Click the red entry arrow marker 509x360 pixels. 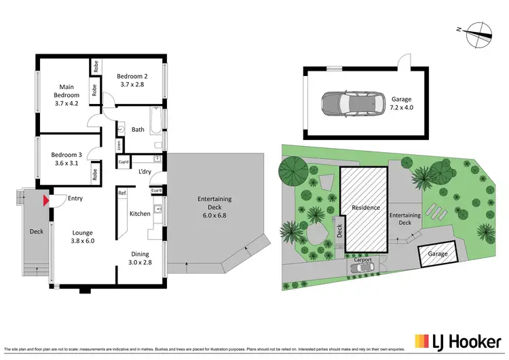46,200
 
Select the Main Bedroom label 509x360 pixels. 66,95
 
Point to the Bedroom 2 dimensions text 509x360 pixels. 132,85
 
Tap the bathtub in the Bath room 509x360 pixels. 155,122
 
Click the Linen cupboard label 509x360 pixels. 119,144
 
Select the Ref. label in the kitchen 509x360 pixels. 122,194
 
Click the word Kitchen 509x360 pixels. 140,214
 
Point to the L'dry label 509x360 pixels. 144,172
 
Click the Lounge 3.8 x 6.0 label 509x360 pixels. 82,236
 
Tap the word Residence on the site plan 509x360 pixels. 364,207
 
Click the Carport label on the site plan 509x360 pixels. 364,259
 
